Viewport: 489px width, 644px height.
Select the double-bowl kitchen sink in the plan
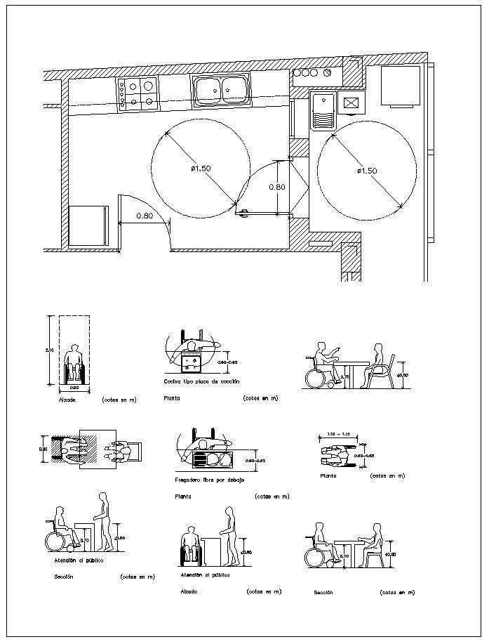point(220,91)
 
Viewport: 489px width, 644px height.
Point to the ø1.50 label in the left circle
point(201,169)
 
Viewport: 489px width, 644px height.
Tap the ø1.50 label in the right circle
point(367,171)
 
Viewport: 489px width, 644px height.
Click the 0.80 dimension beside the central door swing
point(278,188)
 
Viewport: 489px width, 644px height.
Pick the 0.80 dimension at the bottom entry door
point(145,216)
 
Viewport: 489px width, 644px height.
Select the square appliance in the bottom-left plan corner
point(88,225)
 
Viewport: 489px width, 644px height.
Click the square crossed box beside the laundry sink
point(351,104)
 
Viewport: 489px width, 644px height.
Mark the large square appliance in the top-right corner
point(401,86)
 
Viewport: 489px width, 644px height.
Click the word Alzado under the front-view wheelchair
point(68,400)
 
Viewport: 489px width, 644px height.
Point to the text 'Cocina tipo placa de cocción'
point(201,381)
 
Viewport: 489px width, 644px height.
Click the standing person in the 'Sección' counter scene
point(105,520)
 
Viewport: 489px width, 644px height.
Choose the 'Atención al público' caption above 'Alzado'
point(205,574)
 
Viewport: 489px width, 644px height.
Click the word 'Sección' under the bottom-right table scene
point(323,593)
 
